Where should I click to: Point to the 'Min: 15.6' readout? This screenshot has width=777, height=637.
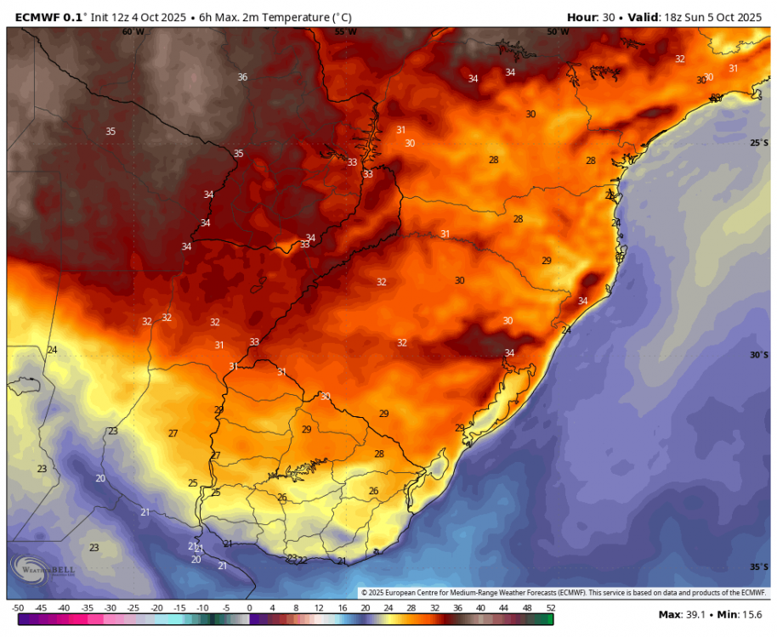coord(740,615)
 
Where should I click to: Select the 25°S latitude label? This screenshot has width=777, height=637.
coord(759,143)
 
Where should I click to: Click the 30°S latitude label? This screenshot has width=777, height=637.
coord(759,355)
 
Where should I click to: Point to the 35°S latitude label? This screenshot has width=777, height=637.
coord(759,567)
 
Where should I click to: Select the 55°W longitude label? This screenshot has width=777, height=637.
coord(345,31)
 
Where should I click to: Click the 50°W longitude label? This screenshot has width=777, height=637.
coord(558,31)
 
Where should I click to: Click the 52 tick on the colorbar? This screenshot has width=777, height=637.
coord(550,608)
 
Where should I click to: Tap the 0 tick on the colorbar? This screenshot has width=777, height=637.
coord(249,608)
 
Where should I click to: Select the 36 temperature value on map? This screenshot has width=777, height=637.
coord(242,77)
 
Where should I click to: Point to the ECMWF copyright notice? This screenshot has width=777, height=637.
coord(563,593)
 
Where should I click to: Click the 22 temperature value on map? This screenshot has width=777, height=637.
coord(302,561)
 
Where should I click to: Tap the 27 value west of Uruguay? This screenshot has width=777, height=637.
coord(173,433)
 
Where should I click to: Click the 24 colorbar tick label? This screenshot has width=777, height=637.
coord(388,608)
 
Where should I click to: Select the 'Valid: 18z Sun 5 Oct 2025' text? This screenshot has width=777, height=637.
coord(697,16)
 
